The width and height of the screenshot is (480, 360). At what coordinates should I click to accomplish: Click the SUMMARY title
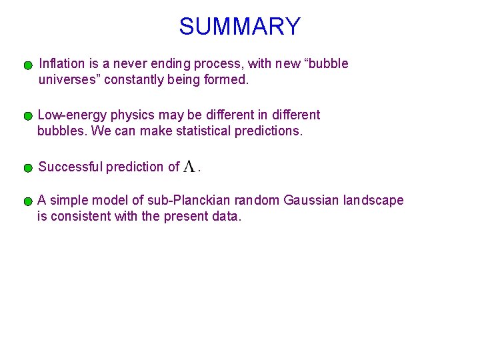pos(239,27)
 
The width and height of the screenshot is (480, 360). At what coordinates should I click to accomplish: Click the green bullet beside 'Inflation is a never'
pos(28,66)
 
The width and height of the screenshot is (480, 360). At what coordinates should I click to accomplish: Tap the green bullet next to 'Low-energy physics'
pos(28,116)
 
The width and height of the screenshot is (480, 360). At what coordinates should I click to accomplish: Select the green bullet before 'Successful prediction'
pos(28,168)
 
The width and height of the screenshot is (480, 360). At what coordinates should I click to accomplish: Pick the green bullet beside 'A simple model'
pos(28,201)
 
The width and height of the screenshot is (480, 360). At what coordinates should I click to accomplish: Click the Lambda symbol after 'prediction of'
pos(189,167)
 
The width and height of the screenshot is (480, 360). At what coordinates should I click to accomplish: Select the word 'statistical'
pos(204,131)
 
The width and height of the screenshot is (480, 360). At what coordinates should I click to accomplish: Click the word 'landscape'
pos(373,200)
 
